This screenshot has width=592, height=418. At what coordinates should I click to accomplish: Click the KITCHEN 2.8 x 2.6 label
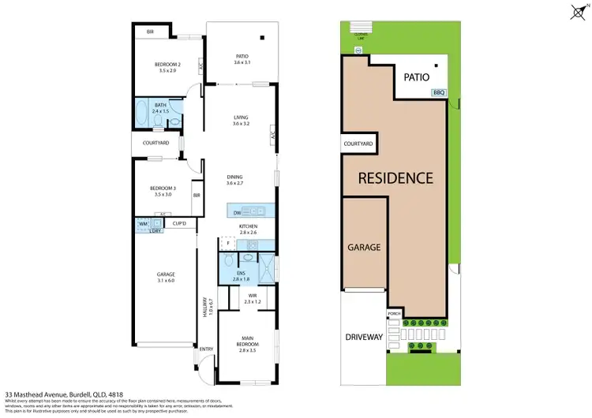(x=249, y=230)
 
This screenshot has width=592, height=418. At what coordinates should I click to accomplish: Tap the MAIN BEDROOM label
(x=247, y=343)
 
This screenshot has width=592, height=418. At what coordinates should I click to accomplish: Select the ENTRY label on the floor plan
(x=206, y=349)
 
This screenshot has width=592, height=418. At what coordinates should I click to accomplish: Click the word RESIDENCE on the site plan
(x=396, y=177)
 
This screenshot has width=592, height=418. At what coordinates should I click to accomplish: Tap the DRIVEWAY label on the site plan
(x=364, y=337)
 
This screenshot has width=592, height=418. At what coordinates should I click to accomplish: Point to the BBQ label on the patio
(x=438, y=93)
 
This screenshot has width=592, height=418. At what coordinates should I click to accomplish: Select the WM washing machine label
(x=143, y=224)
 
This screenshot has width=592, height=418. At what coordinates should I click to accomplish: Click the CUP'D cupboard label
(x=179, y=224)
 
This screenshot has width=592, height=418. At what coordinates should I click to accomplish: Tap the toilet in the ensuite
(x=248, y=258)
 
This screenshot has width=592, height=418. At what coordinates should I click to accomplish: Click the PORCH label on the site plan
(x=394, y=315)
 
